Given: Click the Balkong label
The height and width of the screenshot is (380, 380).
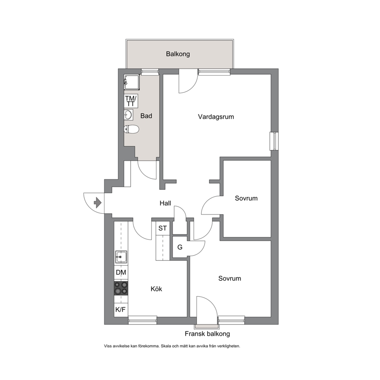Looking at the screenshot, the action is [x=178, y=54].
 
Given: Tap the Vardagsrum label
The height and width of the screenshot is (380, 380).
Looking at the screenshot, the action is [x=216, y=117].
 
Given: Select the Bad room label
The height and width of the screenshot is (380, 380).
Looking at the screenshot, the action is [x=146, y=116].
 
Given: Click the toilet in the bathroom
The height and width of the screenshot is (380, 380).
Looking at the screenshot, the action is [x=131, y=129].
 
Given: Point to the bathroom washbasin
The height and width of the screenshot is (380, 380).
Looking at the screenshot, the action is [x=128, y=115].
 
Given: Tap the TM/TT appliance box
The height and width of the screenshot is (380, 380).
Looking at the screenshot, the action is [x=131, y=101].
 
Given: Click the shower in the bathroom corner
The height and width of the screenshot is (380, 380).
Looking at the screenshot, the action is [x=132, y=82].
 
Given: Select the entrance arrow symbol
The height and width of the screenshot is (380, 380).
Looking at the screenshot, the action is [x=97, y=203].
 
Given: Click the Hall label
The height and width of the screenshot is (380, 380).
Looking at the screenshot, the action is [x=165, y=203].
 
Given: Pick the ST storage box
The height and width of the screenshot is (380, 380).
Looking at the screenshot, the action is [x=163, y=228].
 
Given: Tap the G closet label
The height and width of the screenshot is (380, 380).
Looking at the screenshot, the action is [x=180, y=247].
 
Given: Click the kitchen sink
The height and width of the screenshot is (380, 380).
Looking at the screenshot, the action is [x=121, y=257].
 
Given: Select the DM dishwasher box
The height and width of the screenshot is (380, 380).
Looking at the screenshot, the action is [x=121, y=272].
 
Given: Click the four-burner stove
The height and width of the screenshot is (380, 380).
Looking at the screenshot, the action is [x=121, y=288].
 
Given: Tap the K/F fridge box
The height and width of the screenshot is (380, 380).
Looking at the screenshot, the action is [x=121, y=310].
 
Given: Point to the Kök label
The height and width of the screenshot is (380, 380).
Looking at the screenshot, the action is [x=156, y=289].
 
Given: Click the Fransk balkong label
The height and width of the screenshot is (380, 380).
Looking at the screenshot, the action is [x=207, y=334].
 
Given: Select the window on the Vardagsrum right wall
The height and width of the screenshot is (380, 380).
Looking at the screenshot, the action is [x=274, y=141].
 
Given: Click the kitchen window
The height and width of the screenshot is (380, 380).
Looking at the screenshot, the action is [x=142, y=320].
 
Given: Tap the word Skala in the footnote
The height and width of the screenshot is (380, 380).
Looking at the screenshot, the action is [x=166, y=346].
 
